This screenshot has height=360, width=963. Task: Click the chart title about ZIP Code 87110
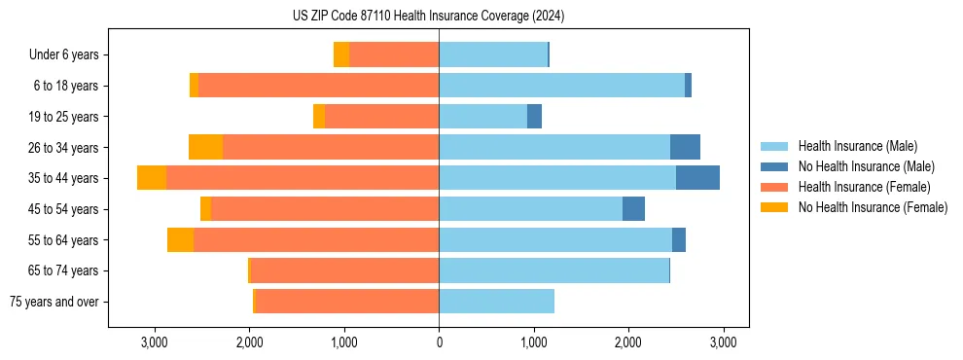(x=428, y=17)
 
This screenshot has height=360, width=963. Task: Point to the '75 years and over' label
(x=53, y=302)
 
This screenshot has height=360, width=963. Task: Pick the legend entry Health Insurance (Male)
(x=857, y=146)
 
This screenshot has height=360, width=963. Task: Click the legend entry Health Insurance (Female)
(x=864, y=187)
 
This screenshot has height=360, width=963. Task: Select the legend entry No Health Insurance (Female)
(x=873, y=207)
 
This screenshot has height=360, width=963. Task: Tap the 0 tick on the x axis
(x=439, y=342)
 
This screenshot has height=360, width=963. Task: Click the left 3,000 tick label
(x=156, y=342)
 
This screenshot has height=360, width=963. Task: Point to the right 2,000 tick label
(x=627, y=342)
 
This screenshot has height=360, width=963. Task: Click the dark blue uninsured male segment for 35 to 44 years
(x=697, y=178)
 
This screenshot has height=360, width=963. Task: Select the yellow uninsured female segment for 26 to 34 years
(x=205, y=147)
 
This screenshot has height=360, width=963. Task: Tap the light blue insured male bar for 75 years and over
(x=496, y=302)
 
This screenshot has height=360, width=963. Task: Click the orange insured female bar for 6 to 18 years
(x=318, y=86)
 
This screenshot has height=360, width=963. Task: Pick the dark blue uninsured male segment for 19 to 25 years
(x=534, y=117)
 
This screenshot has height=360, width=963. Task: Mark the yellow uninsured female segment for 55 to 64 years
(x=180, y=239)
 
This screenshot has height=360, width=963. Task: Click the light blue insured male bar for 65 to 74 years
(x=553, y=270)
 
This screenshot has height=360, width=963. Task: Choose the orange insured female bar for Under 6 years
(x=394, y=55)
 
